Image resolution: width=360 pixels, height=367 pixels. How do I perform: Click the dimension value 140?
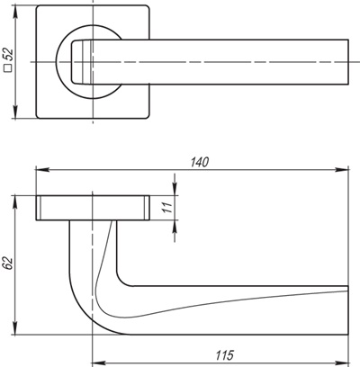200,162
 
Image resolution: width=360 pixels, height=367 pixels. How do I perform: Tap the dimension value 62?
8,264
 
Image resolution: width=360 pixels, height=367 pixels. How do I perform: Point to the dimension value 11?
166,207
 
